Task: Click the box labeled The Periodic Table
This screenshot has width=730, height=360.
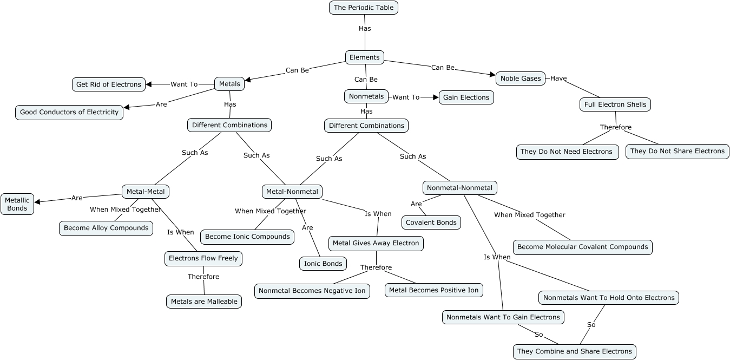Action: click(364, 8)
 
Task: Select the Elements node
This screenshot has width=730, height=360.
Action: click(365, 57)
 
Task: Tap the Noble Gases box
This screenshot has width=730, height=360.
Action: click(520, 78)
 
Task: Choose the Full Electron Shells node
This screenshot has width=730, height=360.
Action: click(615, 104)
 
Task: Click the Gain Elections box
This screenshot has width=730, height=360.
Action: click(466, 97)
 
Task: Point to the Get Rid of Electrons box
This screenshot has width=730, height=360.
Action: click(109, 84)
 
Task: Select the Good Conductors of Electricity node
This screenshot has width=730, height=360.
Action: click(69, 112)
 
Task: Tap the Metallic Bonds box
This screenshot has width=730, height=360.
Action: click(17, 204)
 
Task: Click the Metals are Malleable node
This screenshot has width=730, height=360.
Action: click(204, 302)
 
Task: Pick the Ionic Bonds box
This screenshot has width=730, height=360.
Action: click(323, 264)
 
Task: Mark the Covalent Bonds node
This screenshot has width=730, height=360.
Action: click(431, 222)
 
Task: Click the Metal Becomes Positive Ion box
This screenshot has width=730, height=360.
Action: click(434, 290)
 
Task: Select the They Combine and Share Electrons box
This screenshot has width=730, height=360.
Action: click(574, 351)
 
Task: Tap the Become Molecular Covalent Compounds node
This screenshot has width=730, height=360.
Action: click(582, 247)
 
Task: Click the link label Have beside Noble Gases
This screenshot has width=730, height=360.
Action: click(558, 78)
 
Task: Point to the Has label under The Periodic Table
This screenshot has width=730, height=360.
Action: click(365, 28)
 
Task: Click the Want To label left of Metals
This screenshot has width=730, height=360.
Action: click(184, 84)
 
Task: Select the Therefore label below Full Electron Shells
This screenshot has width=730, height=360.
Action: click(616, 127)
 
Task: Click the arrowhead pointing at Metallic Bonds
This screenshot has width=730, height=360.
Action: click(38, 202)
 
